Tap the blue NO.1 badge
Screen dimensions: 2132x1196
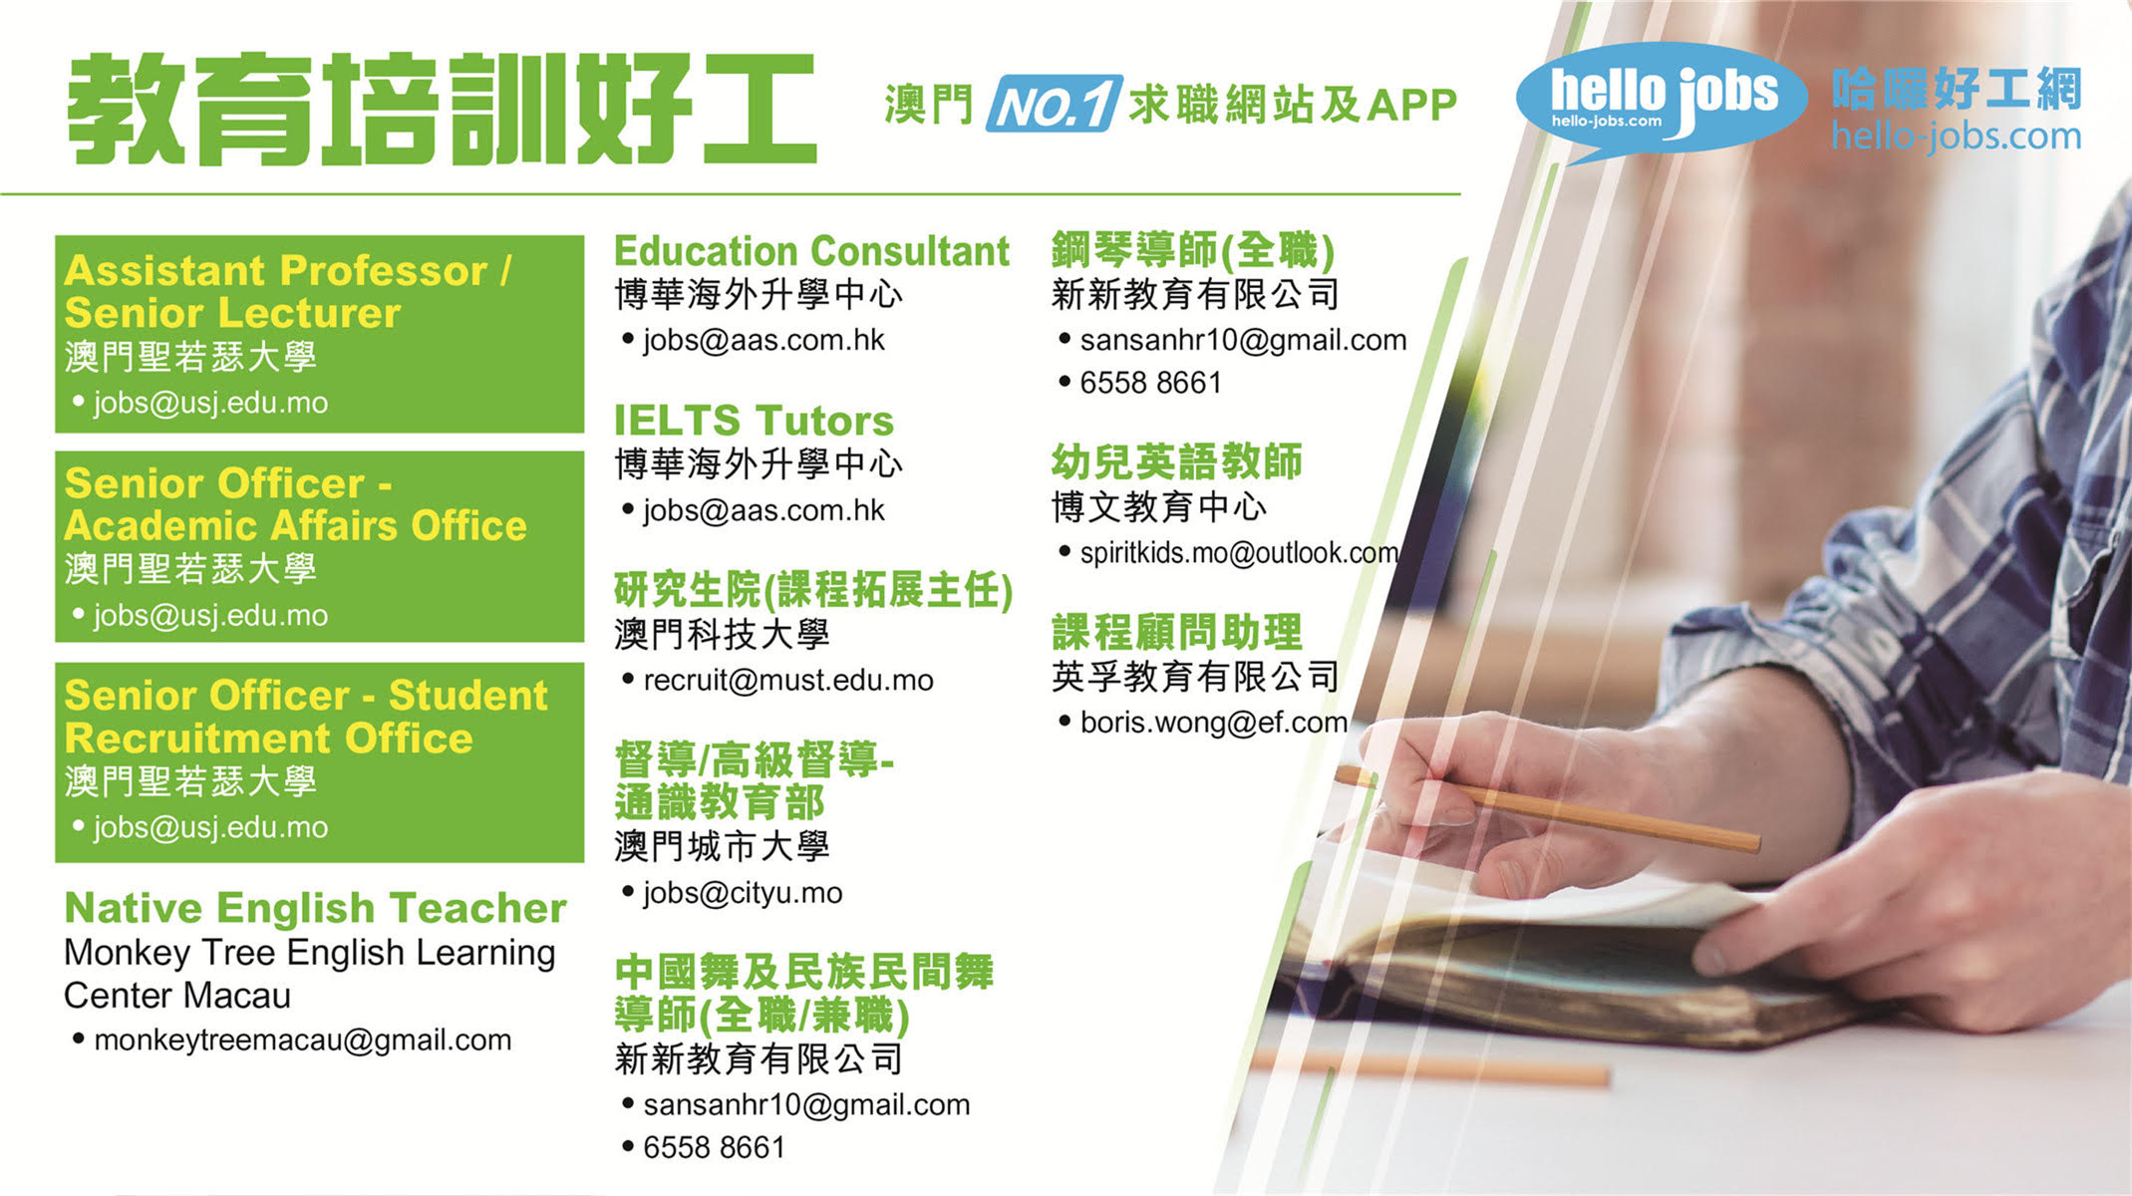pyautogui.click(x=1055, y=104)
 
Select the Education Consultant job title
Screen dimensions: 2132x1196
pyautogui.click(x=811, y=251)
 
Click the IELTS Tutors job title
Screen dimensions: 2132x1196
pyautogui.click(x=754, y=421)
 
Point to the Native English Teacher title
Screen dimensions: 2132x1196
pyautogui.click(x=315, y=908)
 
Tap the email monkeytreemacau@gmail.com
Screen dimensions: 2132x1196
pyautogui.click(x=302, y=1041)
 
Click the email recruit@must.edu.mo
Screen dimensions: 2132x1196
pyautogui.click(x=787, y=681)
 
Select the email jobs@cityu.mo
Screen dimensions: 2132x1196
pyautogui.click(x=743, y=893)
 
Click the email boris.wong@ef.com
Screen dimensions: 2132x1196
pyautogui.click(x=1214, y=723)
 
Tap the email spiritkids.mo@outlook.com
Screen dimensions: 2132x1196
pyautogui.click(x=1239, y=553)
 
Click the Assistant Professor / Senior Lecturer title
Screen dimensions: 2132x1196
pyautogui.click(x=288, y=292)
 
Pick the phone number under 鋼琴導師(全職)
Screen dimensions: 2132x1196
pyautogui.click(x=1150, y=383)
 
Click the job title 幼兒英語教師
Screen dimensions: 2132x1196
pyautogui.click(x=1176, y=462)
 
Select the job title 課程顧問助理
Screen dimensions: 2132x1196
pyautogui.click(x=1176, y=633)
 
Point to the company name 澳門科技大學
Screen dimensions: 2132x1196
pyautogui.click(x=722, y=635)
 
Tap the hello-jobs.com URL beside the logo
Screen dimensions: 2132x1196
pyautogui.click(x=1956, y=136)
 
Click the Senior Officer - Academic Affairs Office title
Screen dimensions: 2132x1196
pyautogui.click(x=295, y=504)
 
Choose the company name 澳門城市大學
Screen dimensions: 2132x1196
pyautogui.click(x=722, y=847)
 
